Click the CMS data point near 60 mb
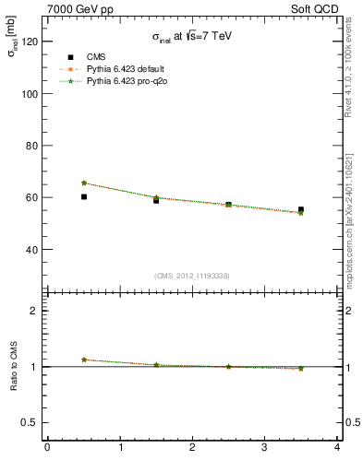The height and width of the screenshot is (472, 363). coord(84,196)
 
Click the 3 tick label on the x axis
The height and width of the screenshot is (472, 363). coord(265,448)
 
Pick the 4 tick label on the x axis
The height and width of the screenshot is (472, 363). coord(337,448)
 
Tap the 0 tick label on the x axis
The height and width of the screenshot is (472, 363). coord(47,448)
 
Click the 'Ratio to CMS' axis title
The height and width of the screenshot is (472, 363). coord(15,366)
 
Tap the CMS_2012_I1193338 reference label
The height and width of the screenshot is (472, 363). coord(192,275)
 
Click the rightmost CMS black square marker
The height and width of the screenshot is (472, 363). coord(301,210)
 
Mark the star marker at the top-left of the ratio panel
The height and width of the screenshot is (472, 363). coord(84,360)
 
